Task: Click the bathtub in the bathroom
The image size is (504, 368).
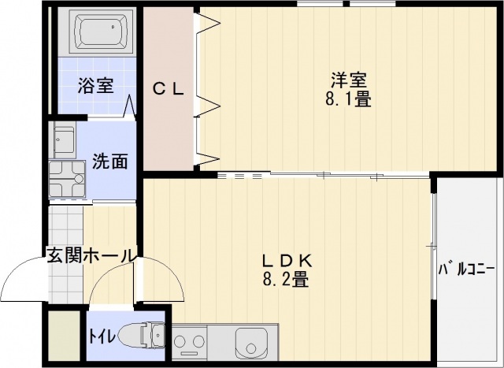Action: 101,31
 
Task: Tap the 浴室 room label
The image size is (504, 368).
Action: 95,85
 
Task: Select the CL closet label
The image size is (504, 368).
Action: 168,89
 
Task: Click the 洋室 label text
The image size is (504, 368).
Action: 349,80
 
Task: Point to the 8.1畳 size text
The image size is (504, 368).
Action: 348,99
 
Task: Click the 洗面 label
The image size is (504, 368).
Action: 110,161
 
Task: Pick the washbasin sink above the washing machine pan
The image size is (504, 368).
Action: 65,139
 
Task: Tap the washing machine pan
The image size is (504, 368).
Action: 67,179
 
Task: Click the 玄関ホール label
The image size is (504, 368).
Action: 90,255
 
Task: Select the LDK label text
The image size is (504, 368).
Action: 287,261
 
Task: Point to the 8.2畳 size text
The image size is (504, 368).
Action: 286,279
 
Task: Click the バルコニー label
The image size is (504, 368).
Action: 466,269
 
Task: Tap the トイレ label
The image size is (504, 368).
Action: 102,336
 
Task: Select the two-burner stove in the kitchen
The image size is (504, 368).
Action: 189,342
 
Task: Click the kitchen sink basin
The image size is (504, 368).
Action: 251,343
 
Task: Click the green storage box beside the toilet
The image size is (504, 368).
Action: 64,336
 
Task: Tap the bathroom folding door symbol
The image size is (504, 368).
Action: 130,106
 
